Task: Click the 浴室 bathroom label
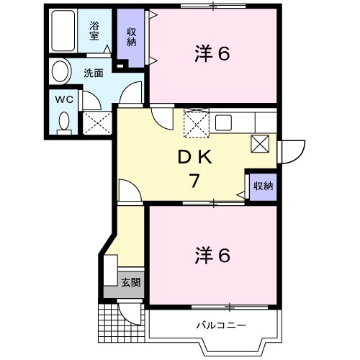(94, 31)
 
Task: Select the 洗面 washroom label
(93, 73)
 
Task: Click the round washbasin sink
(60, 73)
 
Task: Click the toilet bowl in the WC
(63, 122)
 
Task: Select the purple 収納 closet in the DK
(263, 186)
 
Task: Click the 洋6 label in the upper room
(212, 53)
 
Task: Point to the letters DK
(194, 156)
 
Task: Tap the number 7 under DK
(194, 181)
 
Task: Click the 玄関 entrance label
(130, 282)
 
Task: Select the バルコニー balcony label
(221, 325)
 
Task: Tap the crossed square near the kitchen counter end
(261, 143)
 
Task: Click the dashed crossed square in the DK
(195, 124)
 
